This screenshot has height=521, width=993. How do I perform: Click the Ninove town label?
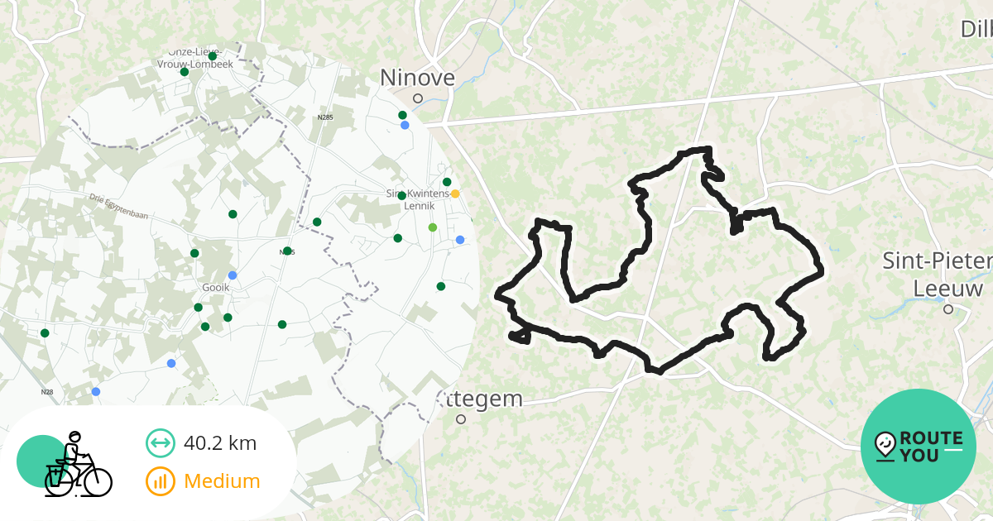417,78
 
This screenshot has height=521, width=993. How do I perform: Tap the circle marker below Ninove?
418,98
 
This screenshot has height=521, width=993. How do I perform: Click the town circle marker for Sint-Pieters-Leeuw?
948,309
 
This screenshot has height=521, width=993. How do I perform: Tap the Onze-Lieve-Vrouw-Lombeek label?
195,58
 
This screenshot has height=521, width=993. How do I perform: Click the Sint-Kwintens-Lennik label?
417,199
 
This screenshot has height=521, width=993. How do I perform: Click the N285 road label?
325,117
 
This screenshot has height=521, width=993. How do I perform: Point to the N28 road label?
46,392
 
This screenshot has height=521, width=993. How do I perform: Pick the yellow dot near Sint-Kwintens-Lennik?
455,194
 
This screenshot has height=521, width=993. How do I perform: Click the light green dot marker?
433,227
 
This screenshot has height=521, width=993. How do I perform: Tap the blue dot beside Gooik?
233,275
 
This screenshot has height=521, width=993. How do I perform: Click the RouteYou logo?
919,447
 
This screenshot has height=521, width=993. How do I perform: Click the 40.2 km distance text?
220,443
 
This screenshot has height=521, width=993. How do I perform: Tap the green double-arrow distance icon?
161,443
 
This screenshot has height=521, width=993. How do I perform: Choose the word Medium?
222,481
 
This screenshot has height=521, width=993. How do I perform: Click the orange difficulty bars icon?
161,481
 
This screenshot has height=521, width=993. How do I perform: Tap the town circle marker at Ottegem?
461,419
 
